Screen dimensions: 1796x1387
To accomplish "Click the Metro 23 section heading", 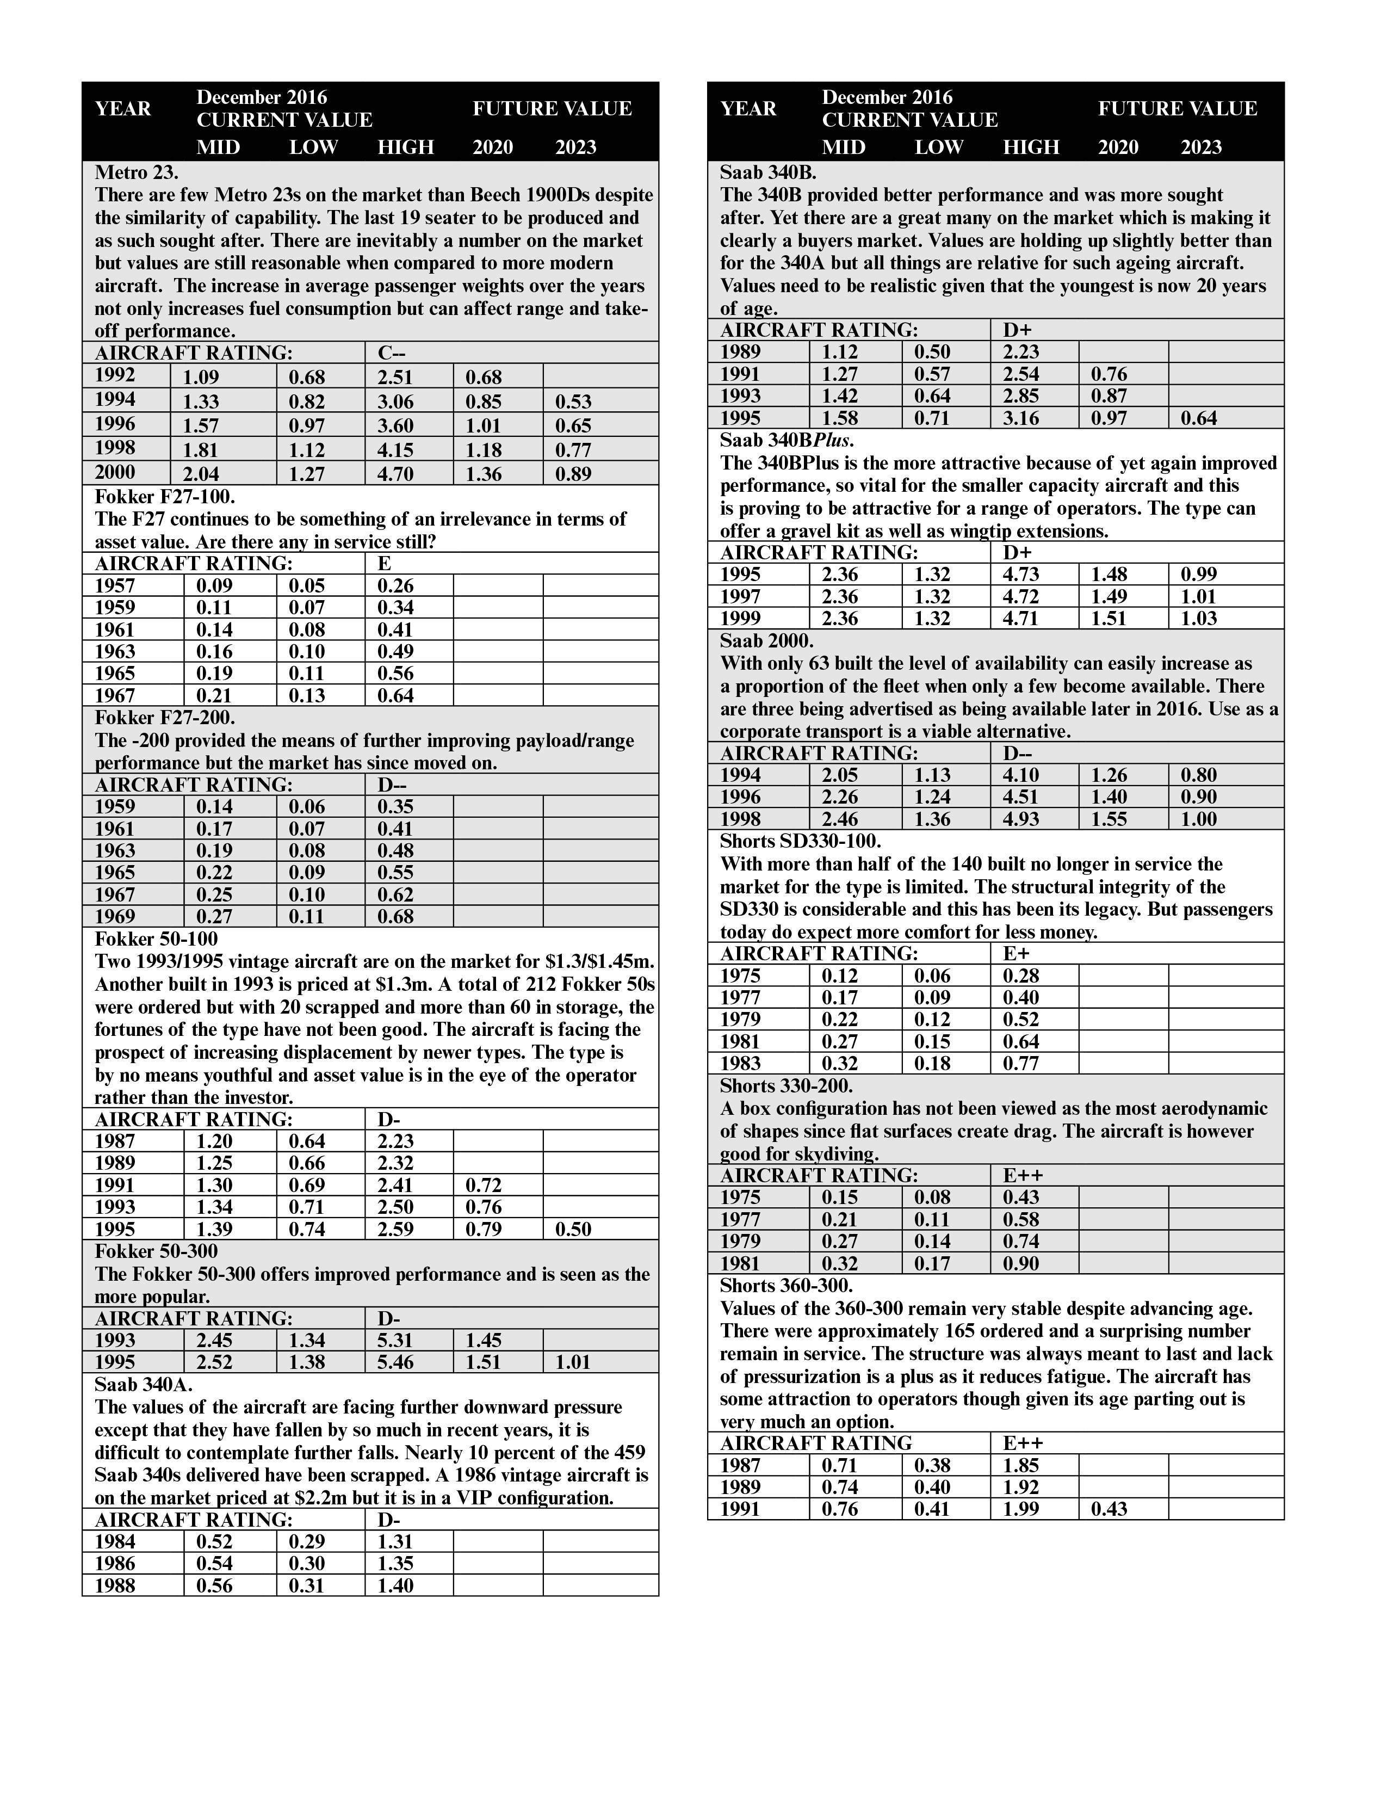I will tap(137, 172).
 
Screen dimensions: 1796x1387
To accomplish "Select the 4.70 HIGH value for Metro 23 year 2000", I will tap(395, 474).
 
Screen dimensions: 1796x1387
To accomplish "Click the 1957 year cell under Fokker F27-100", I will tap(115, 585).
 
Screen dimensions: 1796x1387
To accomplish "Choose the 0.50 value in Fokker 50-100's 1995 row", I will tap(573, 1229).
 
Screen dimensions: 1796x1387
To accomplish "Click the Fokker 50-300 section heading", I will tap(156, 1251).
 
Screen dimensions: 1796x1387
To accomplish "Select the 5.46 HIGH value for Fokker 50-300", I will tap(395, 1362).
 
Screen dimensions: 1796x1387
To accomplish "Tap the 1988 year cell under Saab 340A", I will tap(115, 1585).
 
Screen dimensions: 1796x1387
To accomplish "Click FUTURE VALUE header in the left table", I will tap(552, 109).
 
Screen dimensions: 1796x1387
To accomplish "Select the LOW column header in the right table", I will tap(938, 147).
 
